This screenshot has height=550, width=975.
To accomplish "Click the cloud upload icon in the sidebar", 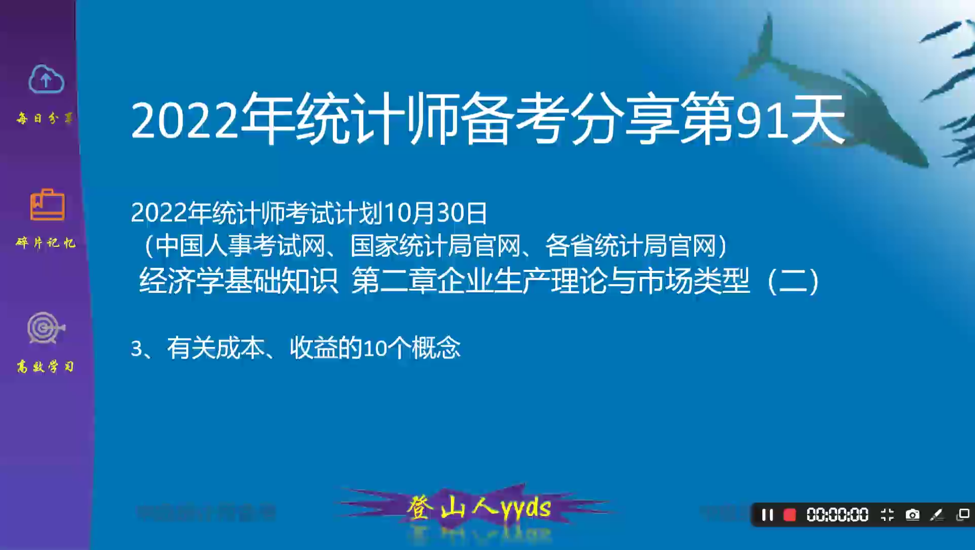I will click(x=46, y=79).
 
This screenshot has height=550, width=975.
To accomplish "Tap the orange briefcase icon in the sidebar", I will click(x=47, y=205).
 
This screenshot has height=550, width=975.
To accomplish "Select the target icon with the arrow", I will click(x=46, y=327).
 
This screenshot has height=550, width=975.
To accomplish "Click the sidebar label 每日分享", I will click(x=45, y=119).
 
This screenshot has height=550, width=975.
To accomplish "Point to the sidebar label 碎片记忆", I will click(x=46, y=243).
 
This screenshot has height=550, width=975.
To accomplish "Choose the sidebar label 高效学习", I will click(x=45, y=367).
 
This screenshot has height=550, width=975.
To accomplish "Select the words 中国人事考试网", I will click(x=239, y=246).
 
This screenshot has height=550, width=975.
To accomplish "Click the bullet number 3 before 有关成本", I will click(x=136, y=349).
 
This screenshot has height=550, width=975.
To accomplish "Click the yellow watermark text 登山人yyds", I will click(x=478, y=508).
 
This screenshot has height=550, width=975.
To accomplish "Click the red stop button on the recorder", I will click(x=789, y=515).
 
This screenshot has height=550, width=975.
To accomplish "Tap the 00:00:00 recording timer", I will click(x=837, y=515).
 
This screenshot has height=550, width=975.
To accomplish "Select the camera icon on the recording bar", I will click(x=912, y=515).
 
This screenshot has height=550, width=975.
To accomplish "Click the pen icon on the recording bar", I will click(x=936, y=515).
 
